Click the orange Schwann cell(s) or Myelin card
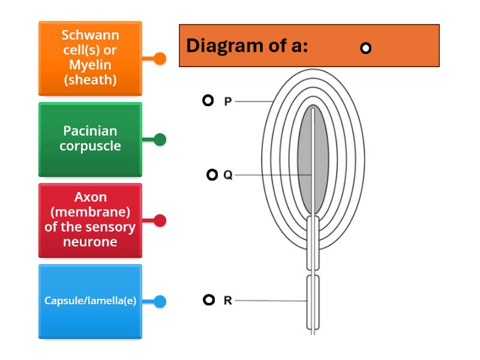[x=90, y=58]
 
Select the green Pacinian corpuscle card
[x=90, y=139]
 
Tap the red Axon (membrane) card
[x=90, y=220]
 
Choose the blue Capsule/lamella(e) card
[x=90, y=301]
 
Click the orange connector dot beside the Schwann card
[x=160, y=58]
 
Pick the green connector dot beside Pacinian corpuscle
[x=160, y=139]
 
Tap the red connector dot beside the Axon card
[x=160, y=220]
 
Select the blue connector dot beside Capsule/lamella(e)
[x=160, y=301]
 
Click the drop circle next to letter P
[x=208, y=100]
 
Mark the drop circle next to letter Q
[x=212, y=175]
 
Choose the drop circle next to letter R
[x=208, y=300]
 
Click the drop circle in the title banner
[x=365, y=48]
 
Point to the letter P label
[x=227, y=101]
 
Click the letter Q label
[x=227, y=175]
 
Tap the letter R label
[x=227, y=301]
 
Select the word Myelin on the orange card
[x=90, y=65]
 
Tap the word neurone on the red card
[x=90, y=242]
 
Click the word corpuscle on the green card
[x=90, y=146]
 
